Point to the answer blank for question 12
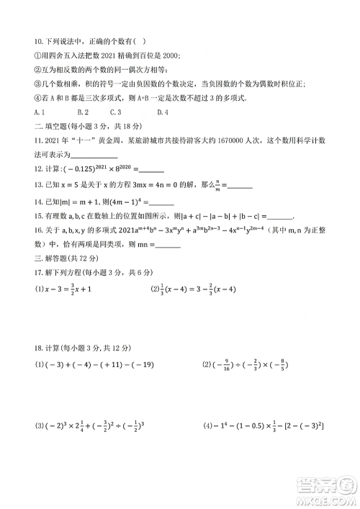point(150,170)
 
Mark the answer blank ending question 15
point(279,215)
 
